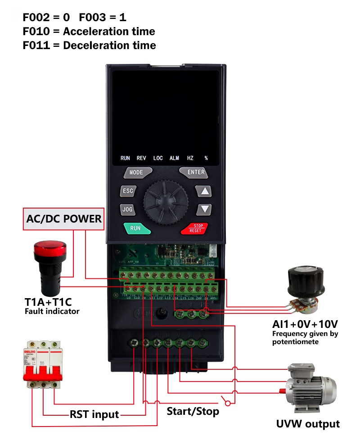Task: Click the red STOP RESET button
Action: (195, 228)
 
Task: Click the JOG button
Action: (127, 209)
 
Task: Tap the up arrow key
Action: (205, 191)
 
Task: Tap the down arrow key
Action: (205, 209)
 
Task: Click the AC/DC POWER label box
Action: (64, 220)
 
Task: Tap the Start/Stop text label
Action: (193, 411)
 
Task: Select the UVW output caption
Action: (308, 424)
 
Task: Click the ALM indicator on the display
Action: (174, 158)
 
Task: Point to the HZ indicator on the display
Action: (190, 158)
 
